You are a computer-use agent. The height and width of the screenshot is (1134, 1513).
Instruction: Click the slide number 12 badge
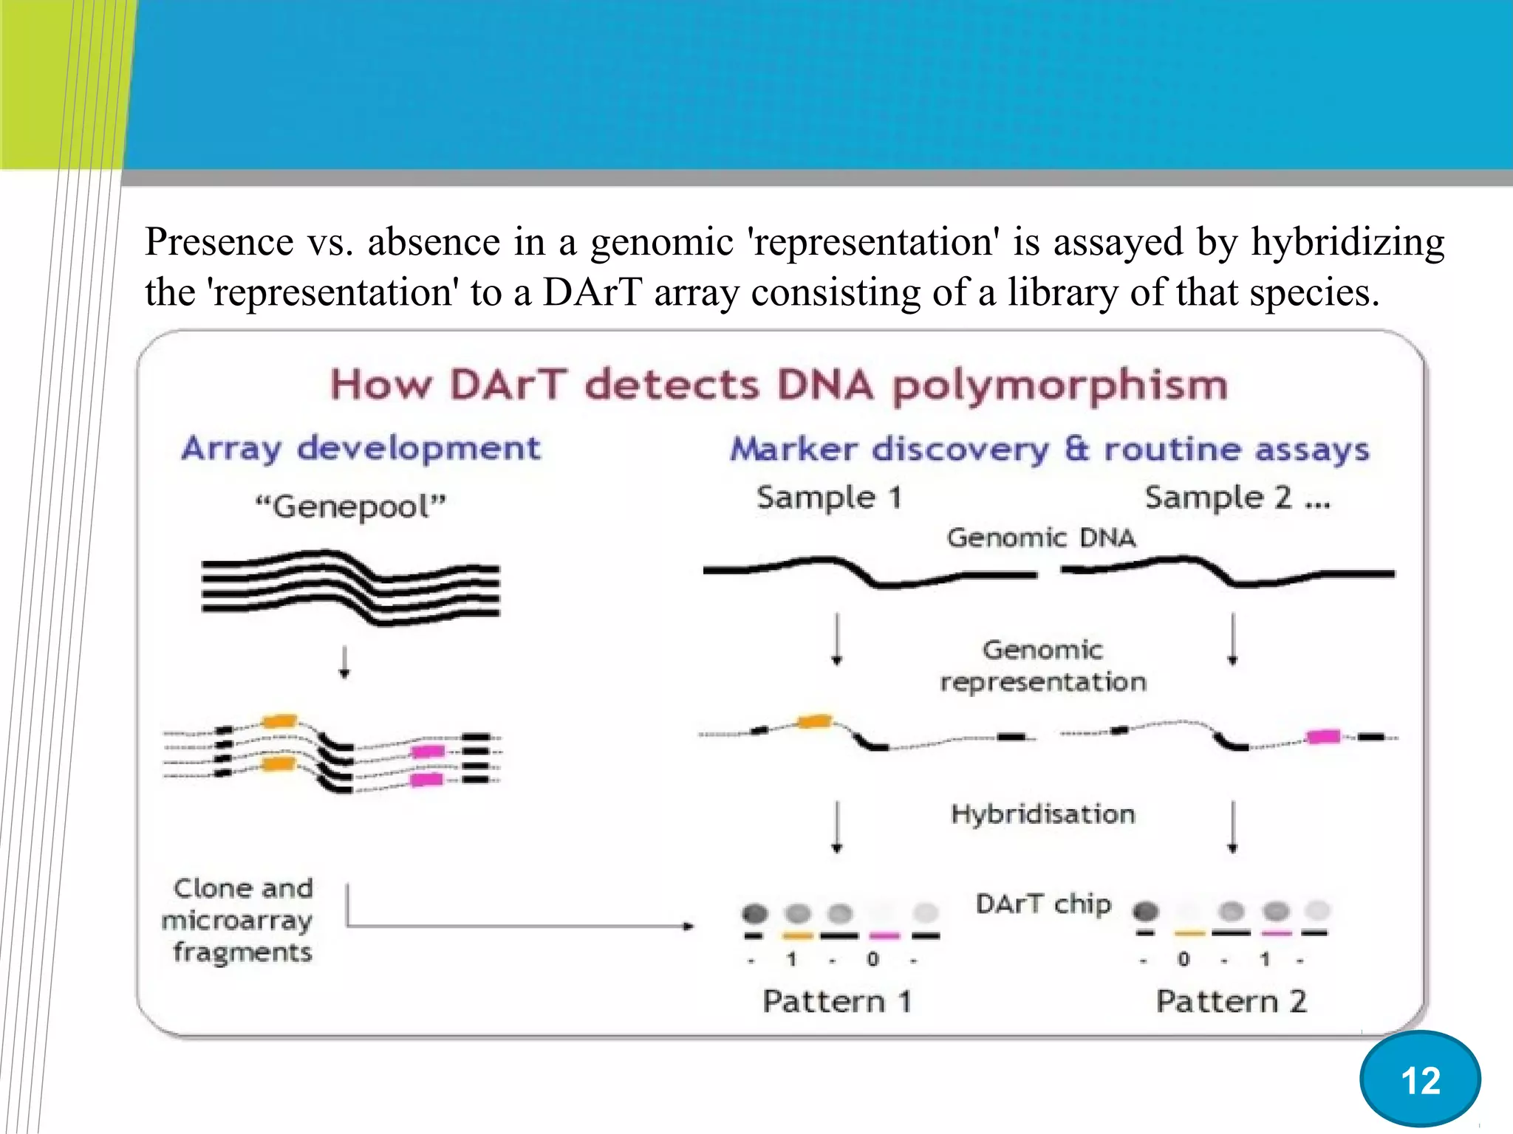[1419, 1079]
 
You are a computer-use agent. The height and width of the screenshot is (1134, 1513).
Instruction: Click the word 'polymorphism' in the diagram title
[1059, 386]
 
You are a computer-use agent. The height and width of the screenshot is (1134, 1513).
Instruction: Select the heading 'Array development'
[361, 448]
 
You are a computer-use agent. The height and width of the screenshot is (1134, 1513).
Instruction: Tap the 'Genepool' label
[350, 507]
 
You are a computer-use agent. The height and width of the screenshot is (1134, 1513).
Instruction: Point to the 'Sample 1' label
[829, 498]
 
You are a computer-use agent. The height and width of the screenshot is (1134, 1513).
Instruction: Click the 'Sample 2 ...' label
[1237, 498]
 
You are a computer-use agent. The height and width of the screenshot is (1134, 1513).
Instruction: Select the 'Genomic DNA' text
[1040, 537]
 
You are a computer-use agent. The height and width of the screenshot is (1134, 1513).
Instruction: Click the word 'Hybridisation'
[1042, 814]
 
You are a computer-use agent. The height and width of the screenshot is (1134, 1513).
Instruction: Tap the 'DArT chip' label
[1042, 904]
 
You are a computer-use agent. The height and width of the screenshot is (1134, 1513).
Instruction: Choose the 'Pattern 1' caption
[837, 1002]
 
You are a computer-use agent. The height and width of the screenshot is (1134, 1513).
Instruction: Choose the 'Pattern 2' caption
[1231, 1002]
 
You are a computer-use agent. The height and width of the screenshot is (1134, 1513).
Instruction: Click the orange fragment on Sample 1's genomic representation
[815, 721]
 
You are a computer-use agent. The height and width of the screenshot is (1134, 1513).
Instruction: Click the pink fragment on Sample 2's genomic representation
[1322, 736]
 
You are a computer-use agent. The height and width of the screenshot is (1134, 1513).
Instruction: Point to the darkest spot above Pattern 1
[754, 914]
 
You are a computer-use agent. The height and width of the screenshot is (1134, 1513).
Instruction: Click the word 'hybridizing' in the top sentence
[1347, 242]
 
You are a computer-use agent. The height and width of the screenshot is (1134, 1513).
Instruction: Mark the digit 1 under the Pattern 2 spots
[1265, 960]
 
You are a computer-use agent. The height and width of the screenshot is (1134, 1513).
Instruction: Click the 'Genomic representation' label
[1042, 666]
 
